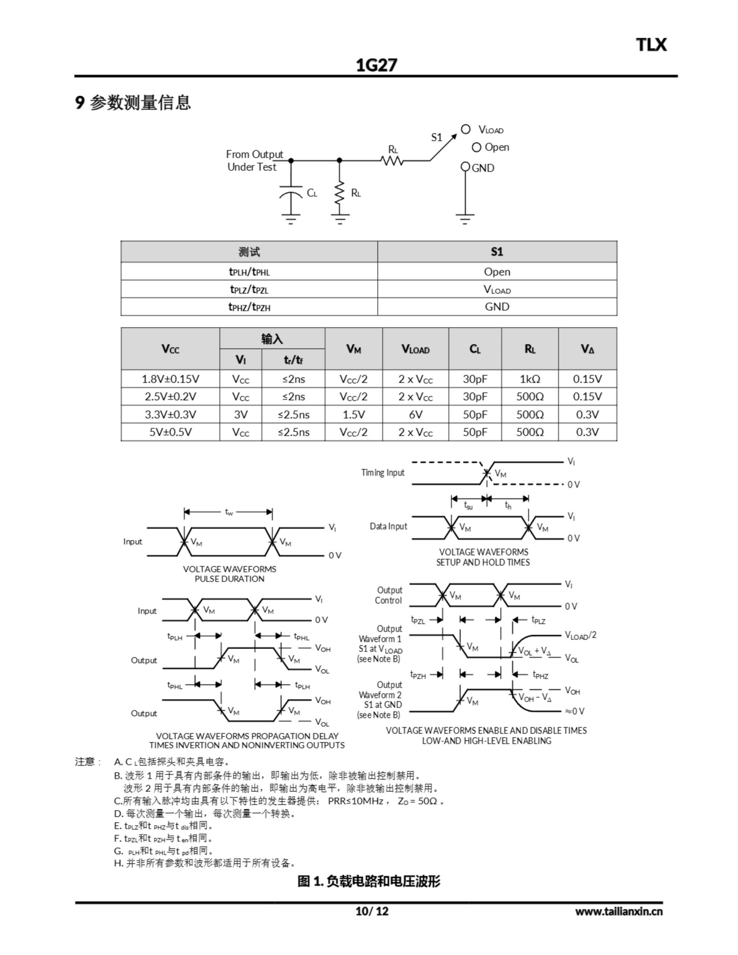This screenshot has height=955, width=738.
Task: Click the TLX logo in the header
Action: pos(651,45)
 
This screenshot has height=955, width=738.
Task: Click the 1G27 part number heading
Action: pos(376,65)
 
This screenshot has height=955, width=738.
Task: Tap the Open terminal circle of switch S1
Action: pos(476,147)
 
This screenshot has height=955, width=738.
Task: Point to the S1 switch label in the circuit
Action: pos(437,137)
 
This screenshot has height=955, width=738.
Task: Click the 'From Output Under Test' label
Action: pos(254,160)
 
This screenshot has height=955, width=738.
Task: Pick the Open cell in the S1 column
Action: pos(497,272)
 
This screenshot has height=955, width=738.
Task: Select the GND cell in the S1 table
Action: pos(497,307)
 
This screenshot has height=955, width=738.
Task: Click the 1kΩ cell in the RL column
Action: pos(530,379)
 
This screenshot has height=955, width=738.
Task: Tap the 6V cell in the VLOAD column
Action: pos(415,414)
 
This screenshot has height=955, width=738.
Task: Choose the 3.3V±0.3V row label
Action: pos(170,414)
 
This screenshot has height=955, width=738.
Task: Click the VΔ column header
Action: pos(587,349)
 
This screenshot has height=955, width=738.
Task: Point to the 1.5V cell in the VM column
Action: pos(353,414)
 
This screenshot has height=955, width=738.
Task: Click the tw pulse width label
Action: pos(229,511)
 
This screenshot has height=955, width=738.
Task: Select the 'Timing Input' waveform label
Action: pos(383,472)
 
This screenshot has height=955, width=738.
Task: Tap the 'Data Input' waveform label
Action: pos(388,526)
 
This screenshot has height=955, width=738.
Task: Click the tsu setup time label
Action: pos(468,505)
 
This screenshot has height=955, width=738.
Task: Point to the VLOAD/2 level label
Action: pos(581,635)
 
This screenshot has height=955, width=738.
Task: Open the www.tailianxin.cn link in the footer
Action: pos(619,911)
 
